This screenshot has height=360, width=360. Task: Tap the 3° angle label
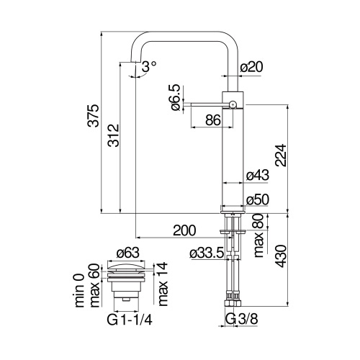click(x=149, y=66)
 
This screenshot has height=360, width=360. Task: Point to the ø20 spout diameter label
click(x=250, y=67)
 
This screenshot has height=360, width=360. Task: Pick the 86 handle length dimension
click(x=212, y=120)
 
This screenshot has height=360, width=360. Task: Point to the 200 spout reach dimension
click(x=185, y=230)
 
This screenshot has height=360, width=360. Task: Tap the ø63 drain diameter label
click(x=126, y=252)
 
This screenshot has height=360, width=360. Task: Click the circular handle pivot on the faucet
click(x=233, y=105)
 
